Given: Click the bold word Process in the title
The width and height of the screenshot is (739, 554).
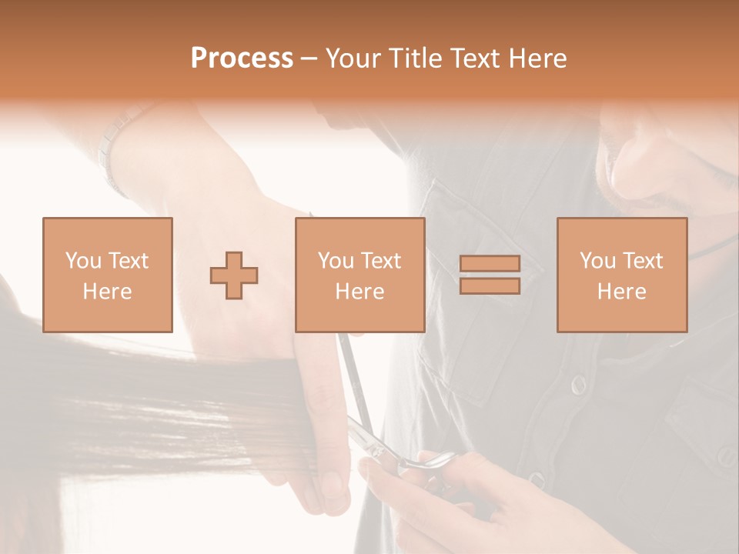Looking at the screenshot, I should point(242,58).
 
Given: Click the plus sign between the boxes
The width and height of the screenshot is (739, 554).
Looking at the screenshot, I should point(234,275).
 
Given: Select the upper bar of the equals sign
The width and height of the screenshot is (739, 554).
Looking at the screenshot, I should point(490,263).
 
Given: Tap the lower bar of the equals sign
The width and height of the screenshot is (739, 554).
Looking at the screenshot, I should point(490,286).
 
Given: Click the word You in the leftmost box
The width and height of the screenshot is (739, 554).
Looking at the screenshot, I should point(84,261).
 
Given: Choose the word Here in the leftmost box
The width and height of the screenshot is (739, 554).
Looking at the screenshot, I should point(107,292).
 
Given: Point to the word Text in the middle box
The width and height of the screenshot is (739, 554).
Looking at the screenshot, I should point(382,261).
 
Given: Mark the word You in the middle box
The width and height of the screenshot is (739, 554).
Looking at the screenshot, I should point(336,261).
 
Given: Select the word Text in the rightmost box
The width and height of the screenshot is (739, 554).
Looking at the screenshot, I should point(644,261).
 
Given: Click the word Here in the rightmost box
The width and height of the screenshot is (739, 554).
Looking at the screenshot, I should point(621,292).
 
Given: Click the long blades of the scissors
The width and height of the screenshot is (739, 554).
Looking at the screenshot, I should point(350,369).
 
